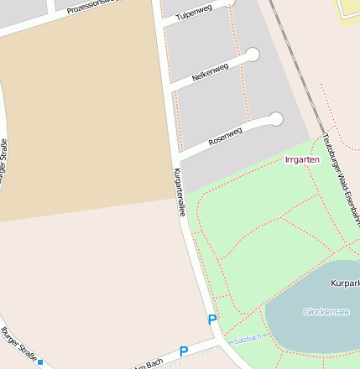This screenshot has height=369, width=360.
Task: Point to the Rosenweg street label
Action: [x=225, y=137]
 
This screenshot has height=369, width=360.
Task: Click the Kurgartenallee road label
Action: [x=179, y=192]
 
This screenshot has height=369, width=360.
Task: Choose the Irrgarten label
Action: [x=302, y=159]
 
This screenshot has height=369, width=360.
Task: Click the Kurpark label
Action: [x=346, y=283]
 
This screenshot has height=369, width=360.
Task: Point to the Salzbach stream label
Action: [x=248, y=337]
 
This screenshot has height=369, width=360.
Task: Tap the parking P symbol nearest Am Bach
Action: [x=184, y=351]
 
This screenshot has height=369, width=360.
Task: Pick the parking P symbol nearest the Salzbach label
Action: [x=212, y=320]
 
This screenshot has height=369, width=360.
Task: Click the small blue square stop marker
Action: [x=40, y=362]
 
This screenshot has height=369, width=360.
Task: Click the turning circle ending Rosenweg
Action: [x=276, y=119]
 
